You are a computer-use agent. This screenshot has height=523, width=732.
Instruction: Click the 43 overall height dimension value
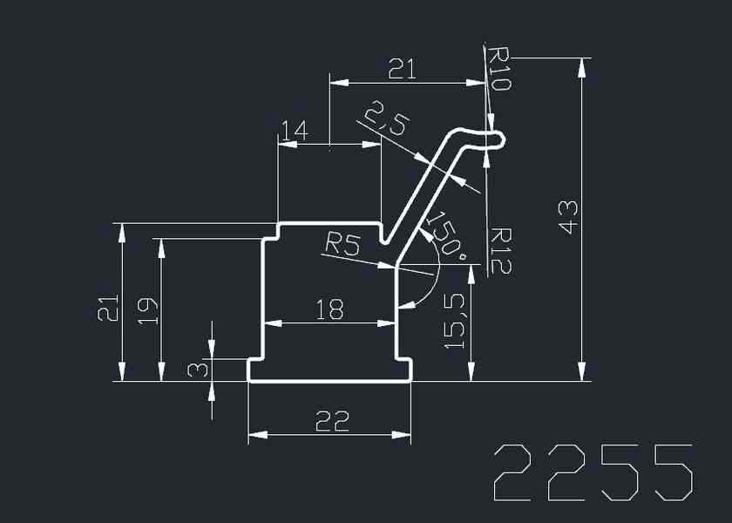[x=567, y=214]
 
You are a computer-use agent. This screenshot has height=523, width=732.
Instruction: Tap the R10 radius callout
[x=500, y=69]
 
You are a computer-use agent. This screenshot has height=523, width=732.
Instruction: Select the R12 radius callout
[x=500, y=250]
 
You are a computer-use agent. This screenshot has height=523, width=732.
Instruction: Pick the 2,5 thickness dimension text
[x=385, y=118]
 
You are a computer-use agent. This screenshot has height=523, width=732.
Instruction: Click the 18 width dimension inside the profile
[x=329, y=309]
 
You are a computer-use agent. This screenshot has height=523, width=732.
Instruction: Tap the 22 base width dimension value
[x=331, y=421]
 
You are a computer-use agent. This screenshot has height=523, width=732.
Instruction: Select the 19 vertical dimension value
[x=148, y=309]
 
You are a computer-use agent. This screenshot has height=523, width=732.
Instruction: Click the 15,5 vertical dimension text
[x=456, y=321]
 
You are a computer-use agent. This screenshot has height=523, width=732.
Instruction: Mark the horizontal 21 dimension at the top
[x=402, y=70]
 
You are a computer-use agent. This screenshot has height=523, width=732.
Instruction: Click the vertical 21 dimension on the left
[x=107, y=309]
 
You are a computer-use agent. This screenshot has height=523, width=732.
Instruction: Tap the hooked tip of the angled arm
[x=494, y=139]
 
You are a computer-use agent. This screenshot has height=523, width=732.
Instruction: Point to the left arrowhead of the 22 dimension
[x=255, y=433]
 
